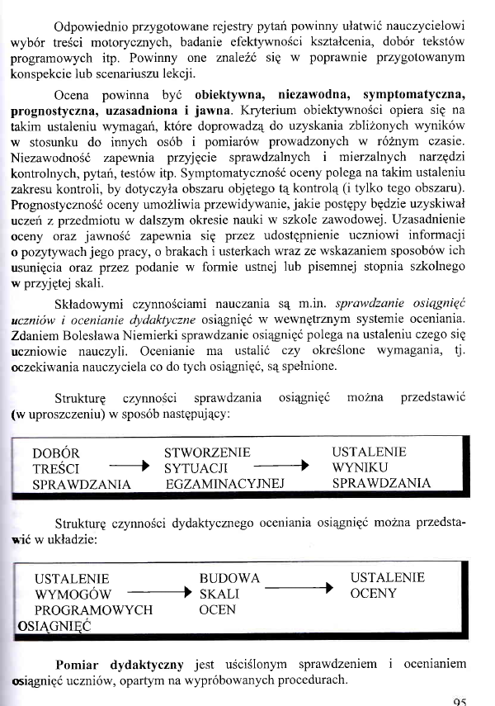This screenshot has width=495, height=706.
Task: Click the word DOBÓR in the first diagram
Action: (x=55, y=453)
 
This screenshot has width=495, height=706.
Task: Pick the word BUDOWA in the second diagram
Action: (x=229, y=578)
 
